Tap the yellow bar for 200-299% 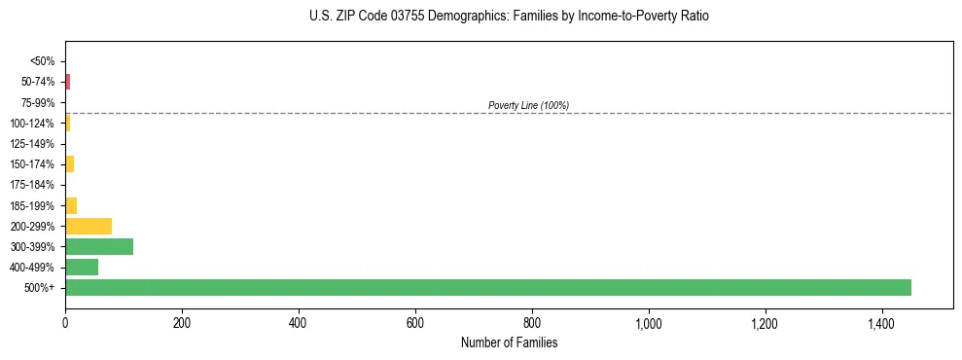pyautogui.click(x=89, y=226)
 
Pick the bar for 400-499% pyautogui.click(x=82, y=267)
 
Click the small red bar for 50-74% pyautogui.click(x=68, y=82)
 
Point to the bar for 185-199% pyautogui.click(x=71, y=205)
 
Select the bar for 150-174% pyautogui.click(x=70, y=164)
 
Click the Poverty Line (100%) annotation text pyautogui.click(x=528, y=105)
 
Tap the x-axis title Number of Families pyautogui.click(x=509, y=342)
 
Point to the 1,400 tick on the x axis pyautogui.click(x=881, y=322)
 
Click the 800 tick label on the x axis pyautogui.click(x=532, y=322)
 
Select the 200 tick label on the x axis pyautogui.click(x=182, y=322)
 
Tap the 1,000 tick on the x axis pyautogui.click(x=648, y=322)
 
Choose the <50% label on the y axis pyautogui.click(x=42, y=61)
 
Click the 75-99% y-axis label pyautogui.click(x=37, y=102)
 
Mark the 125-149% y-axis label pyautogui.click(x=32, y=144)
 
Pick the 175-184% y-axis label pyautogui.click(x=32, y=185)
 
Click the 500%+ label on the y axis pyautogui.click(x=40, y=288)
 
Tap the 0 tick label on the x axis pyautogui.click(x=65, y=322)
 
